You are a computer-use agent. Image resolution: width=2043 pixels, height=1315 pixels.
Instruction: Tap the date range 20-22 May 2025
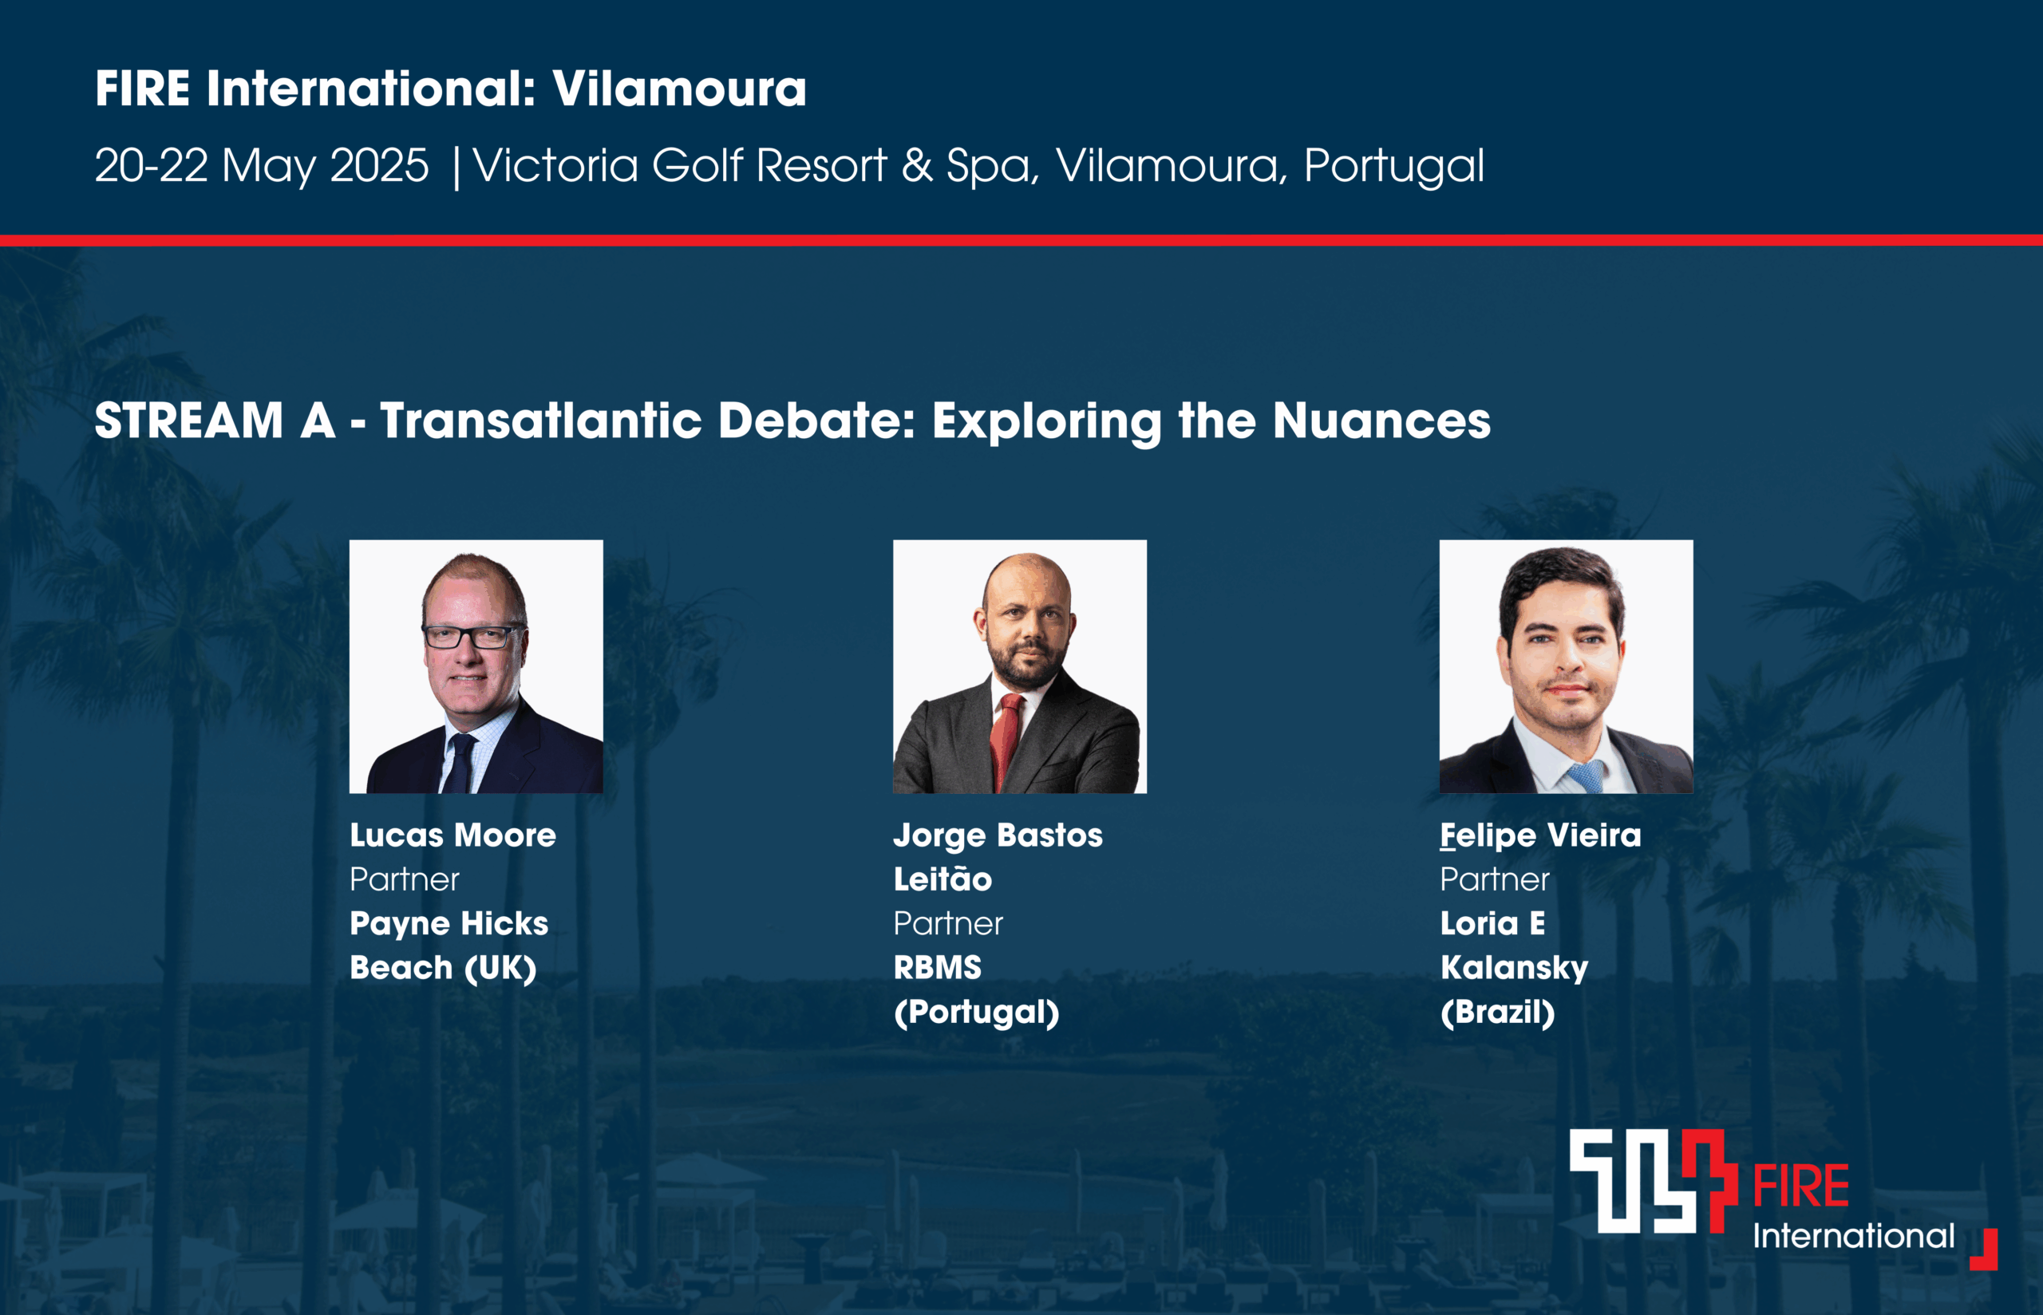[261, 166]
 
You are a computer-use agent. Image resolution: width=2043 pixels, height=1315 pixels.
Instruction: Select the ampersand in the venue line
[917, 165]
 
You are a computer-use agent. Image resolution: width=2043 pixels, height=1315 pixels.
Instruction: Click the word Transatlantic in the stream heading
[541, 421]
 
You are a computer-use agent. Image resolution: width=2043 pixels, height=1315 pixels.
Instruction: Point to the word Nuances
[1381, 421]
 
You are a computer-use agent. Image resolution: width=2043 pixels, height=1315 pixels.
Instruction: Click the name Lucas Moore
[452, 835]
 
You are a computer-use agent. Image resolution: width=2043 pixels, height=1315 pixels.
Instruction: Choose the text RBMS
[938, 967]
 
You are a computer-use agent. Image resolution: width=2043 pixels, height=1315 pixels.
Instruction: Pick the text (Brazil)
[1497, 1013]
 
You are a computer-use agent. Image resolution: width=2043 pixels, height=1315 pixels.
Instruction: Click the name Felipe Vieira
[1540, 835]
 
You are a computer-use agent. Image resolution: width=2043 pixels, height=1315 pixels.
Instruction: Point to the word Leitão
[942, 879]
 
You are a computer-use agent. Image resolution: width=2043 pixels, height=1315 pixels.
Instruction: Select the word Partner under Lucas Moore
[405, 879]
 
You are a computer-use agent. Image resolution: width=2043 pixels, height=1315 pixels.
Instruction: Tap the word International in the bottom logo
[1854, 1235]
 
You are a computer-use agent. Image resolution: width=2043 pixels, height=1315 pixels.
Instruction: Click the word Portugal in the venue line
[1394, 166]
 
